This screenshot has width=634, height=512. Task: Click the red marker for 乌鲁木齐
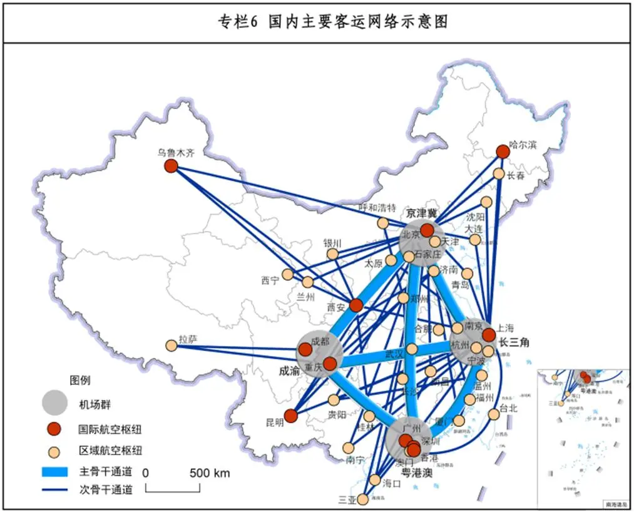(171, 166)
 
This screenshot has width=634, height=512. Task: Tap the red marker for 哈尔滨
(503, 151)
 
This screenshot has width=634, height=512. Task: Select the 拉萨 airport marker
(171, 346)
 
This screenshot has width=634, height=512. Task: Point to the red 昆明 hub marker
(290, 416)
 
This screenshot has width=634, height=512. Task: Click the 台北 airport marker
(494, 414)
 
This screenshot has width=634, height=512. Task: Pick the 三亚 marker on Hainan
(362, 499)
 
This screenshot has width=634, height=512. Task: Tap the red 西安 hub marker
(355, 305)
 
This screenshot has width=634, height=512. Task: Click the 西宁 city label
(270, 281)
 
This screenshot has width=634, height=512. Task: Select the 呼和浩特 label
(377, 208)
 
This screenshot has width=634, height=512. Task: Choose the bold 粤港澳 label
(416, 472)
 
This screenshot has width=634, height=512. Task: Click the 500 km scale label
(210, 473)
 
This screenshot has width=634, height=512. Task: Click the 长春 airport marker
(499, 173)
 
